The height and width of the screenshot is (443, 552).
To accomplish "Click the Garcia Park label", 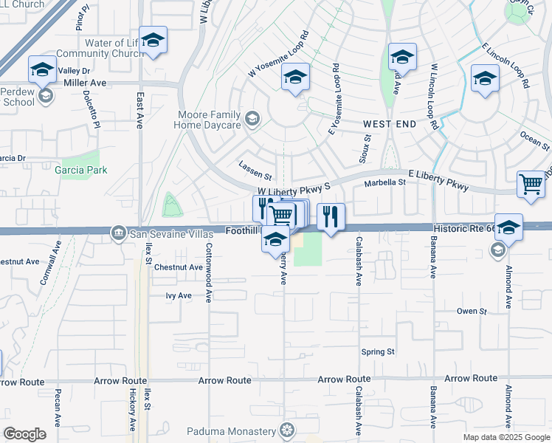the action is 81,170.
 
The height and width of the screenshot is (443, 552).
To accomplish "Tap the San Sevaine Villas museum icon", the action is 118,234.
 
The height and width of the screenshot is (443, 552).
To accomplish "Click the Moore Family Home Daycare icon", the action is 252,118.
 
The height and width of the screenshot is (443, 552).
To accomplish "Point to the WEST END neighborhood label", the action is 390,124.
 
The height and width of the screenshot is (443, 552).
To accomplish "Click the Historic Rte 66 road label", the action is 465,230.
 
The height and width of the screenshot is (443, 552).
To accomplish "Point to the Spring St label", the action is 378,352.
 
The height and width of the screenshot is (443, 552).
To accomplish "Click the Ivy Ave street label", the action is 179,295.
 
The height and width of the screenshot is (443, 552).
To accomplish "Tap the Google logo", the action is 24,434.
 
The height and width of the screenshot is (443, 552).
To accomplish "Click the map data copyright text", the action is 506,437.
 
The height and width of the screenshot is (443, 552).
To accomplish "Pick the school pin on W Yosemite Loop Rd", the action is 295,78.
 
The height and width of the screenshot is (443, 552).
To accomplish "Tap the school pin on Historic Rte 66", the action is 508,227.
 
